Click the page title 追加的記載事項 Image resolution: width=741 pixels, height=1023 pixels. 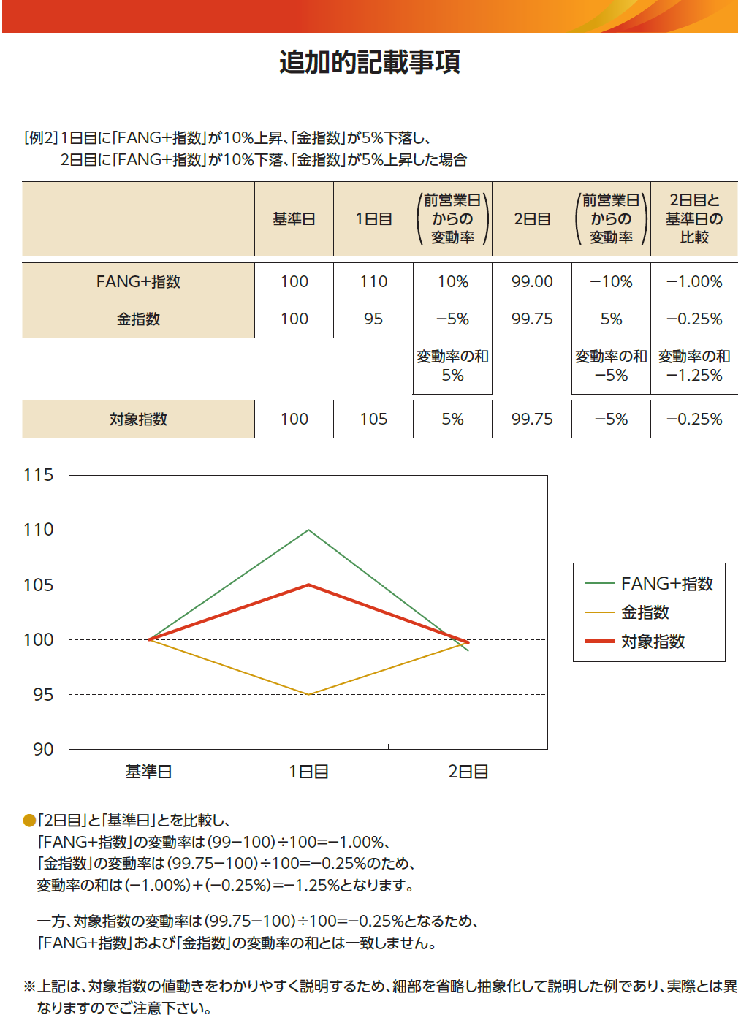click(x=370, y=62)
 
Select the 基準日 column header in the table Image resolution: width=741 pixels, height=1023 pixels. click(x=294, y=219)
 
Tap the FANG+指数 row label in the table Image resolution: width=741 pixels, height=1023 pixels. click(x=138, y=281)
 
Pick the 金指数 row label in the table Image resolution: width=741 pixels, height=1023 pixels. click(x=138, y=319)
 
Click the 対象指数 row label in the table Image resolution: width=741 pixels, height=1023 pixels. click(x=138, y=419)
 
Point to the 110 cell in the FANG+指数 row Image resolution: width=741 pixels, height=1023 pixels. click(x=373, y=281)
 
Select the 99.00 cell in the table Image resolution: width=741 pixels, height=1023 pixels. click(x=532, y=281)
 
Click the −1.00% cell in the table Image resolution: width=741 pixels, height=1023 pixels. click(x=694, y=281)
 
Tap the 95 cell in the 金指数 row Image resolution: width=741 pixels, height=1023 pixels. click(x=373, y=319)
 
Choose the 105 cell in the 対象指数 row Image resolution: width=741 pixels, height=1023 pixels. click(x=373, y=419)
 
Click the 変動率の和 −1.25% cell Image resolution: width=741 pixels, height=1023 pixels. click(x=694, y=366)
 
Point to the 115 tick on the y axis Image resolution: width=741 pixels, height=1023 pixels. click(x=39, y=475)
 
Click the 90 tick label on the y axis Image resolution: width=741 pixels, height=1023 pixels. click(x=43, y=749)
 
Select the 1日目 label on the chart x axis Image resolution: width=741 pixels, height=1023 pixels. click(x=308, y=772)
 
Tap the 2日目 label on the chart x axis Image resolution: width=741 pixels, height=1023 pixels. click(x=468, y=772)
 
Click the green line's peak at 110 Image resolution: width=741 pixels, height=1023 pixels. click(x=309, y=530)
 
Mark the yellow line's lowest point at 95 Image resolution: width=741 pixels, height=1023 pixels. click(x=309, y=694)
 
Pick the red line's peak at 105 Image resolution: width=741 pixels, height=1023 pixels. click(x=309, y=585)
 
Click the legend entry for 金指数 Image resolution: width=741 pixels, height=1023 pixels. click(x=645, y=612)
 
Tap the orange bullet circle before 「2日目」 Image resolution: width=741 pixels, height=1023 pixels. click(x=29, y=821)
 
